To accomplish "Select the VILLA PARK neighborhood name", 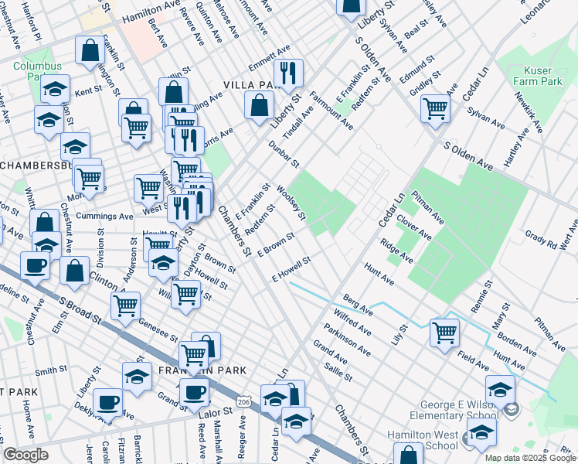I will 250,84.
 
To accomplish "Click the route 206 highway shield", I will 244,403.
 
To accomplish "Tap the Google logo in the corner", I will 25,455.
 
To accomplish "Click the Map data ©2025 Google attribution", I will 530,458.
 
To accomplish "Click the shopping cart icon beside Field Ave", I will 445,332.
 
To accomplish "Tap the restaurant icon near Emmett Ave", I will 288,73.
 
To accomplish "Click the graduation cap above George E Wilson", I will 501,388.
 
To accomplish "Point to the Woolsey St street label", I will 292,202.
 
